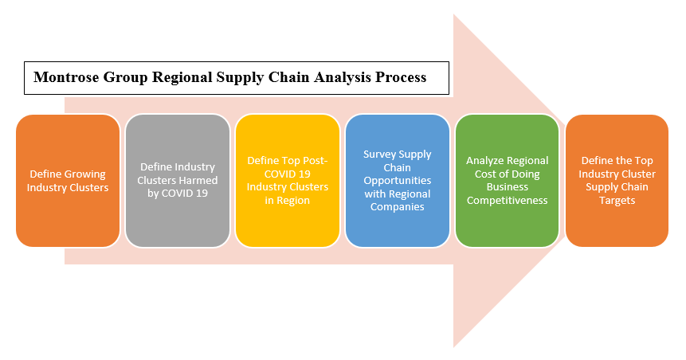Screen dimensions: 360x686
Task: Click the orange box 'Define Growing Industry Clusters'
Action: [x=67, y=180]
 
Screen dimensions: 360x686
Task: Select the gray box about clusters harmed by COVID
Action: [x=177, y=180]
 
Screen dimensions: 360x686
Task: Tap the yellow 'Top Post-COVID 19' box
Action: [x=287, y=180]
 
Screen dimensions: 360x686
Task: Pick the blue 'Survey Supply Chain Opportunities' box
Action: [x=397, y=180]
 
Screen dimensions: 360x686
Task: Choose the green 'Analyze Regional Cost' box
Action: [x=507, y=180]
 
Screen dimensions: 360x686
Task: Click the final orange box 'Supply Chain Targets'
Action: [x=617, y=180]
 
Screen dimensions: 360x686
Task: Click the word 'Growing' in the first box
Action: [x=86, y=174]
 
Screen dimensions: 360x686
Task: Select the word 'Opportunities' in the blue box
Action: [x=397, y=181]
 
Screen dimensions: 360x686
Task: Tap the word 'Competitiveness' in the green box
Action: [x=507, y=200]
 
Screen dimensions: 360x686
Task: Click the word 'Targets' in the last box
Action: [x=617, y=200]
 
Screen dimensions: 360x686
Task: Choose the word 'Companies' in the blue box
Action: [x=397, y=207]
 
